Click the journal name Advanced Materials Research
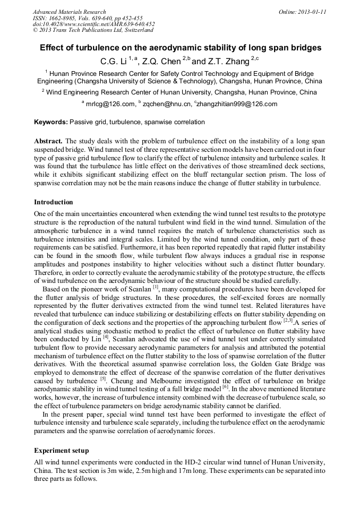click(x=69, y=12)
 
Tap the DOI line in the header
click(x=93, y=24)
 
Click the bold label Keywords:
click(x=51, y=122)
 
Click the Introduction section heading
click(x=54, y=202)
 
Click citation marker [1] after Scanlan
click(x=156, y=287)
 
